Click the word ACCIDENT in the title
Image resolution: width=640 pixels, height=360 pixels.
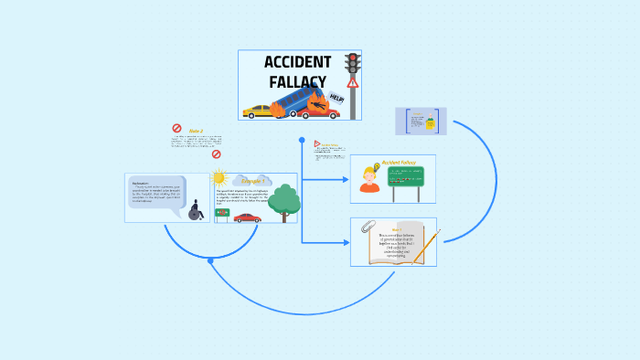tap(297, 62)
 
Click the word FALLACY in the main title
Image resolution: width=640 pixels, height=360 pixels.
tap(297, 81)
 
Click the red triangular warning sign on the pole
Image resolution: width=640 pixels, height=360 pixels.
tap(352, 83)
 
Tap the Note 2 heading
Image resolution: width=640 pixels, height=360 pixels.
tap(196, 131)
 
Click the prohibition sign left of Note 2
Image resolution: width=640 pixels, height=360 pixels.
tap(176, 130)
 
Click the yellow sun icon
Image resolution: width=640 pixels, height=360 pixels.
tap(218, 178)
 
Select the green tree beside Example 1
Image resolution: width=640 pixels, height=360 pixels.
tap(284, 202)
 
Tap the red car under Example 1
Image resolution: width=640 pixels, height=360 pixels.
tap(247, 217)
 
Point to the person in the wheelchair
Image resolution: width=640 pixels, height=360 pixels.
tap(195, 211)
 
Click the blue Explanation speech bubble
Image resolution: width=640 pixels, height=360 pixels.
tap(156, 195)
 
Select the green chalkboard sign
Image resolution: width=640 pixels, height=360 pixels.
tap(405, 176)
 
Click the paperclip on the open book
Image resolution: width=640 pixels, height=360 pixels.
tap(368, 226)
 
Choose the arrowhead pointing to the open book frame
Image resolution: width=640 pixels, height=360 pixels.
tap(346, 242)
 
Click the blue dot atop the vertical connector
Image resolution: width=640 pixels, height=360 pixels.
tap(301, 140)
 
